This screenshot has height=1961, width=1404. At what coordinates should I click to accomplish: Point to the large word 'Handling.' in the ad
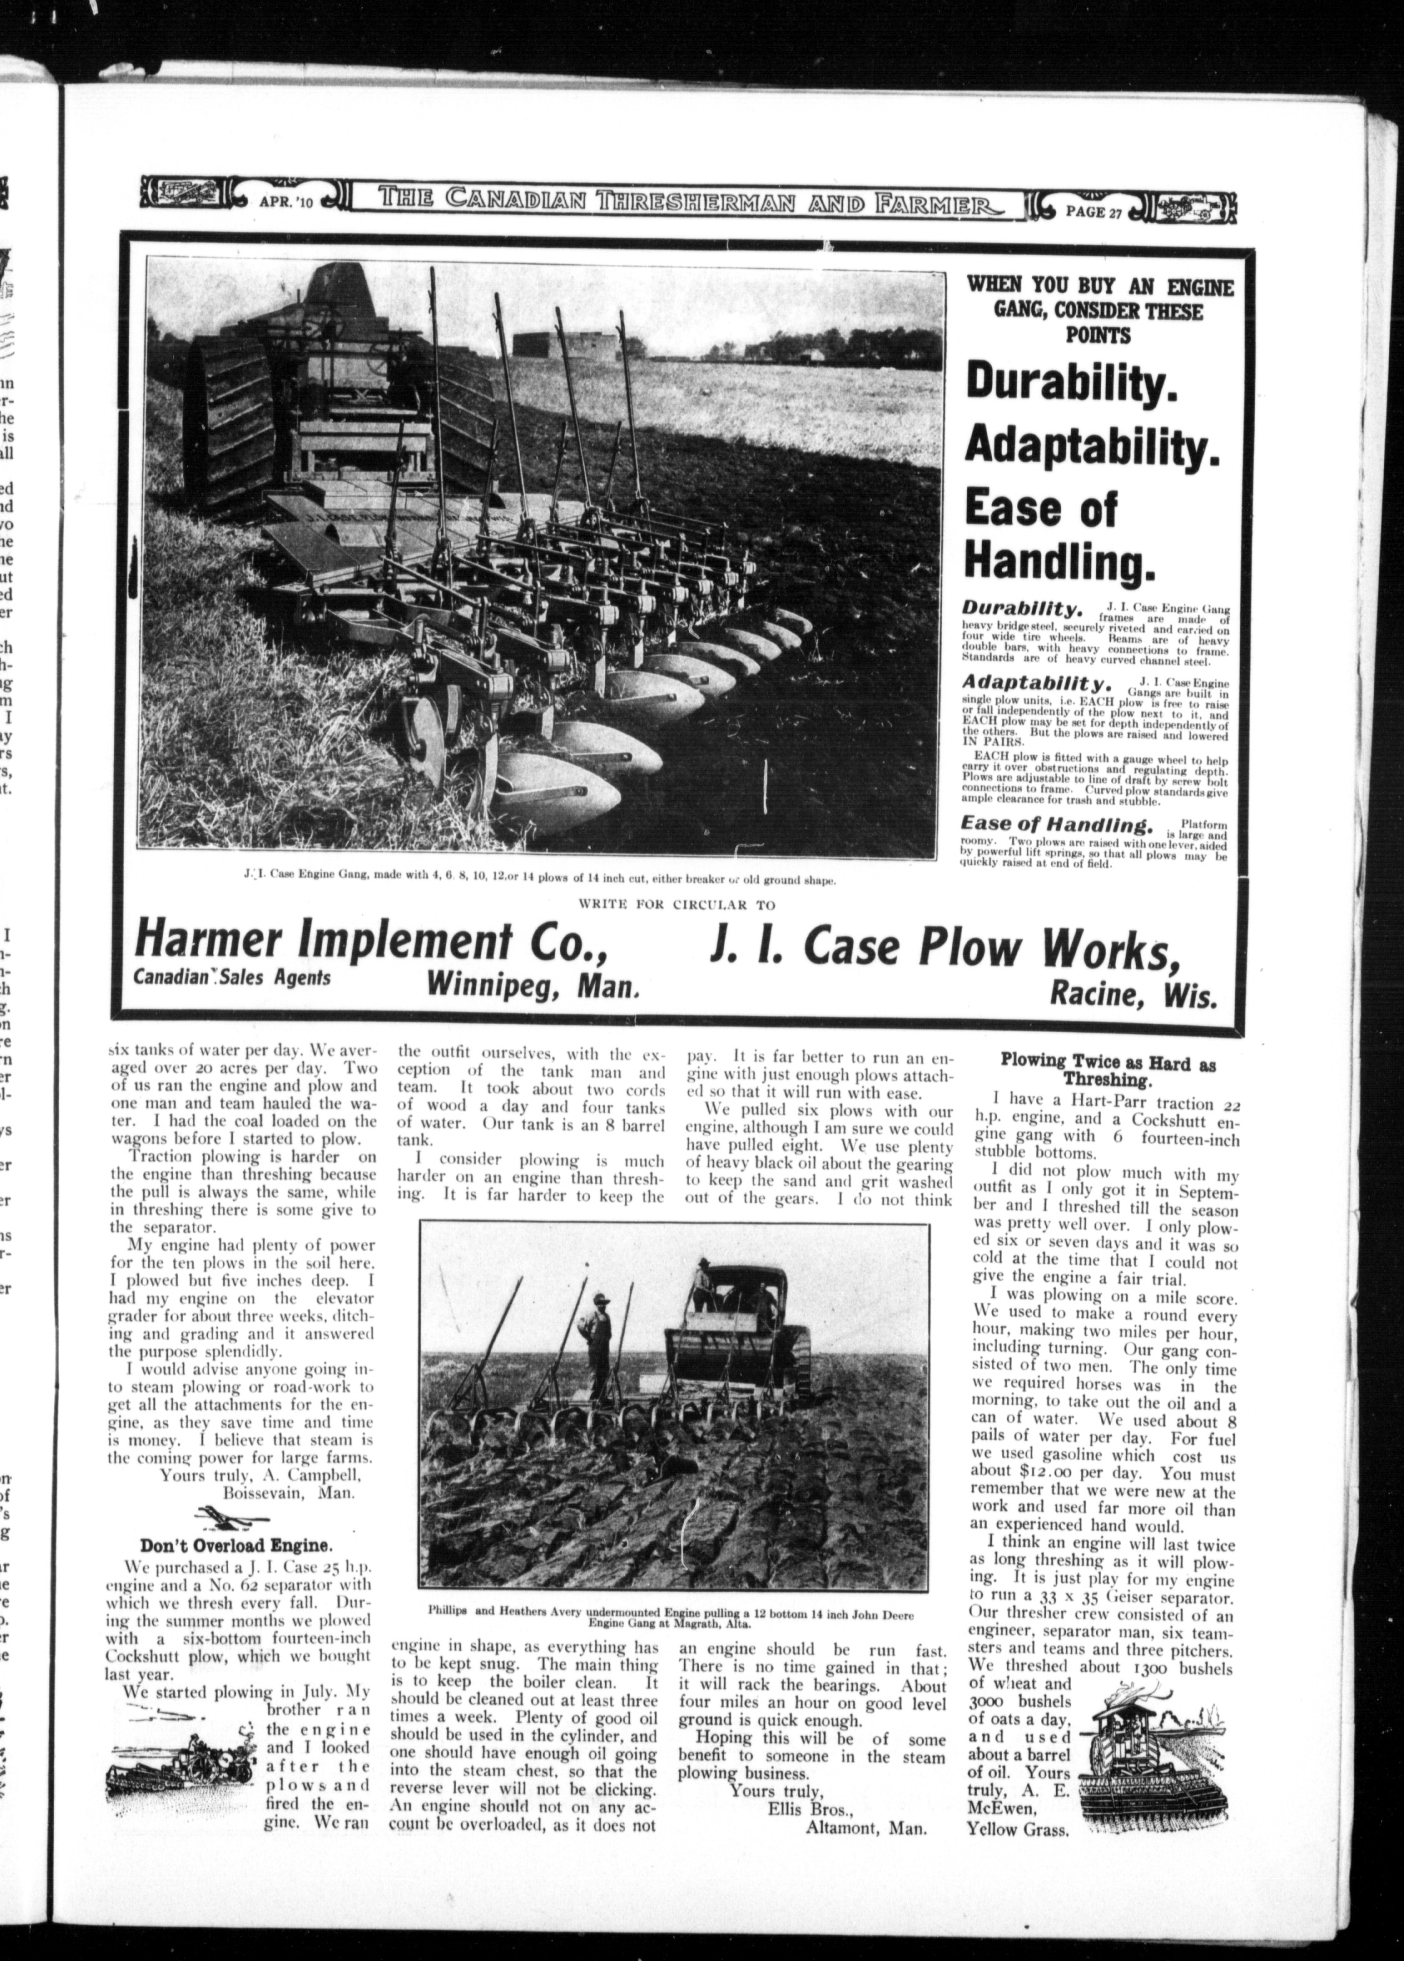(x=1060, y=562)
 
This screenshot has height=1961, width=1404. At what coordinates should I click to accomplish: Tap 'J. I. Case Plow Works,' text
(x=944, y=946)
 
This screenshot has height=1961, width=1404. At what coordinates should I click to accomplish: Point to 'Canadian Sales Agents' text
(x=232, y=977)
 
